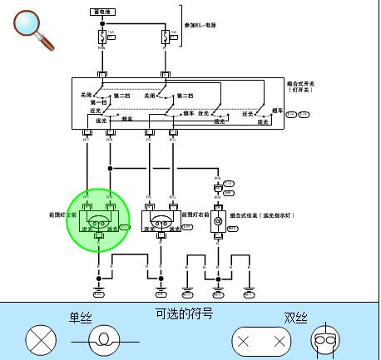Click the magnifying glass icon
pyautogui.click(x=34, y=28)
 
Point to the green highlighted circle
pyautogui.click(x=98, y=219)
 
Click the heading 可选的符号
pyautogui.click(x=184, y=314)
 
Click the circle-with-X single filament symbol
pyautogui.click(x=38, y=340)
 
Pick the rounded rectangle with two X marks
pyautogui.click(x=261, y=341)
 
